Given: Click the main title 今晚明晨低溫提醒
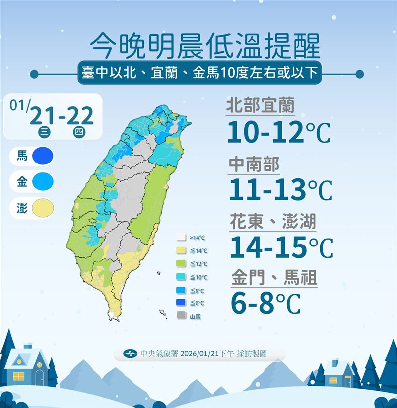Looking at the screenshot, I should click(205, 46).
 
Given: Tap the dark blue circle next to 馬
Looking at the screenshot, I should click(42, 157).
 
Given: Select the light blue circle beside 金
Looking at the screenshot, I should click(42, 182).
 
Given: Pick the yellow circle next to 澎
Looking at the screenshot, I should click(42, 208).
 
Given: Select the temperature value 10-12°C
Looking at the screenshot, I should click(278, 132).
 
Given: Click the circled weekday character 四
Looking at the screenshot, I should click(78, 132).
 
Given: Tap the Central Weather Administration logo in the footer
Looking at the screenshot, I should click(130, 354).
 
